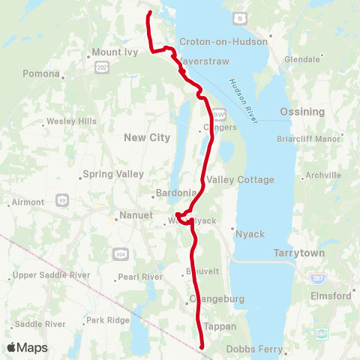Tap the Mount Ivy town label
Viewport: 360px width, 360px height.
point(112,52)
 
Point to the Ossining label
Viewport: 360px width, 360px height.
point(302,112)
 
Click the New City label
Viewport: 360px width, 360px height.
point(146,137)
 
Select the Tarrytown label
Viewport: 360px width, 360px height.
point(299,253)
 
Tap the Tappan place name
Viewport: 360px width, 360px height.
point(220,326)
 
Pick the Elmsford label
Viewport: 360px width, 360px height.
point(331,295)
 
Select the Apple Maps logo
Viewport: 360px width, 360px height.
point(28,347)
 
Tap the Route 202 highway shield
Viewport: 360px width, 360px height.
point(101,68)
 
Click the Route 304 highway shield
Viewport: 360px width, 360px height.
point(120,253)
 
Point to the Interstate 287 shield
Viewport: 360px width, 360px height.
point(318,277)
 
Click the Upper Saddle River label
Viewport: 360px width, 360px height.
point(52,274)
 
